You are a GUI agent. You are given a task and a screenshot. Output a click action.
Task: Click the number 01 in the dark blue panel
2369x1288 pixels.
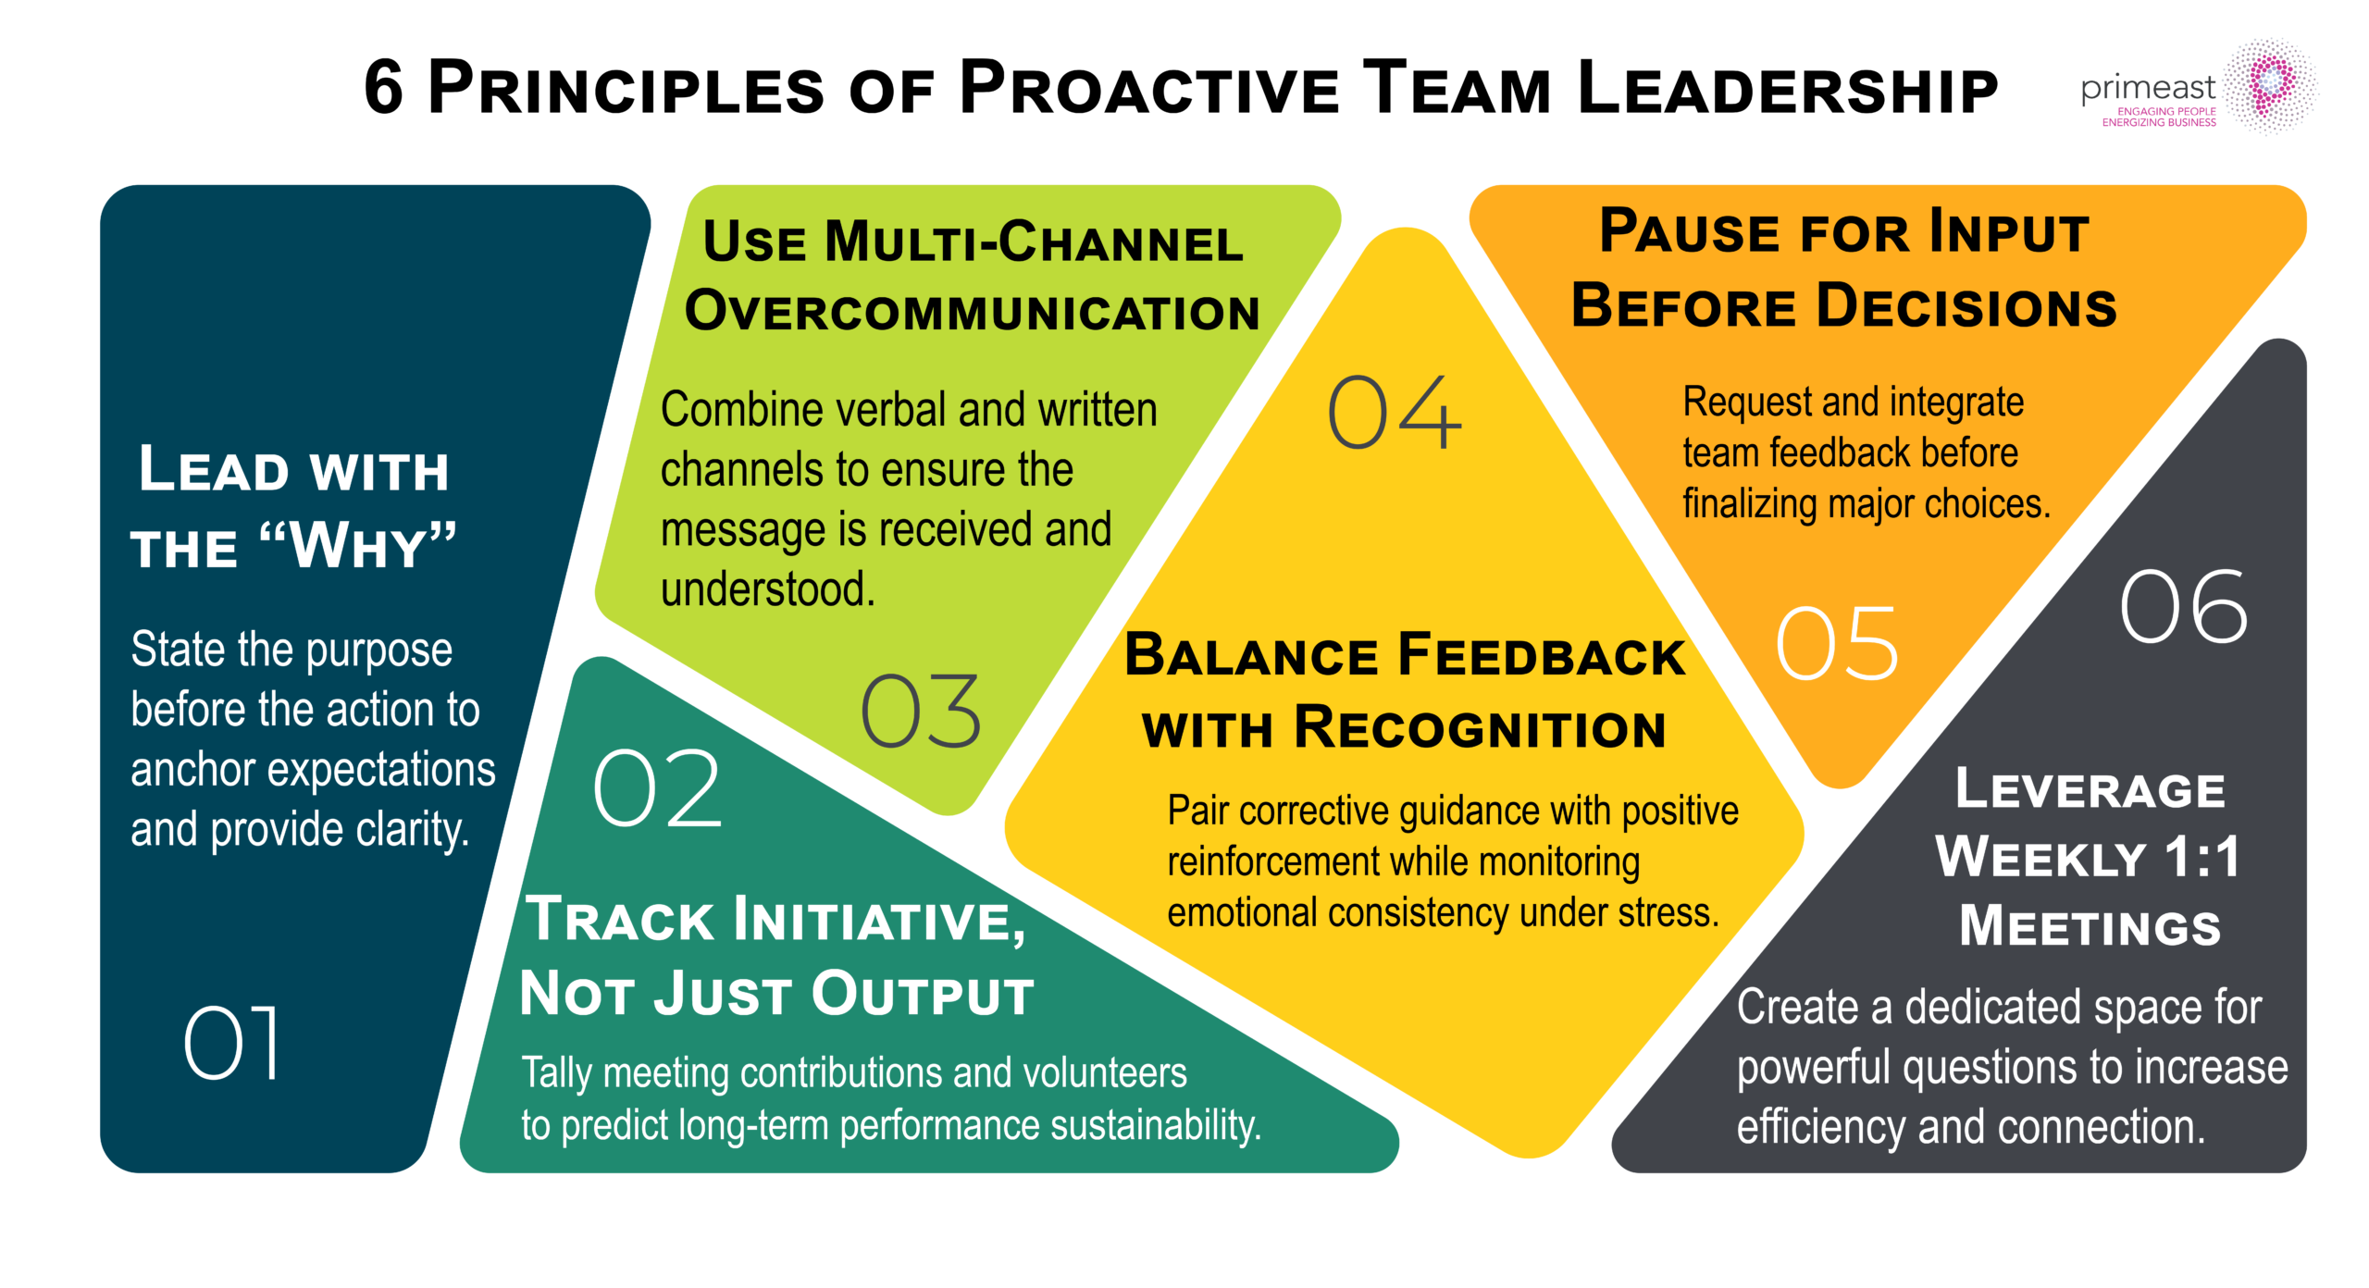click(231, 1043)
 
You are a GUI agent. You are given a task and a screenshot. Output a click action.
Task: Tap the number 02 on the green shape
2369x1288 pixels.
click(657, 788)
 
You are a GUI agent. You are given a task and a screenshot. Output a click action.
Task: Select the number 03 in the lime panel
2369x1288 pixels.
click(920, 711)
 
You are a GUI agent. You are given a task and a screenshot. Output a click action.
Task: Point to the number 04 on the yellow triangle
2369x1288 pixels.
click(1394, 413)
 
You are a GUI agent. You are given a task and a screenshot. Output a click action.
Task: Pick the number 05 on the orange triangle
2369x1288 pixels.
click(1837, 644)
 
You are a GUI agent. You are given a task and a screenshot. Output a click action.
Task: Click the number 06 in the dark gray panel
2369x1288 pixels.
click(2183, 607)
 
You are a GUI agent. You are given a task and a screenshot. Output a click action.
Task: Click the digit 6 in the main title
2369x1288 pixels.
click(383, 88)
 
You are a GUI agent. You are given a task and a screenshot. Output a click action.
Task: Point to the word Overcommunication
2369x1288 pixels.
click(972, 311)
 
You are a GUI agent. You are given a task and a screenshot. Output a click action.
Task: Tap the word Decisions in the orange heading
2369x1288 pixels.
click(1966, 306)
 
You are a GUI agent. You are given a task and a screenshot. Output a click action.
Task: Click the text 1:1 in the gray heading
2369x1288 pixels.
click(2202, 856)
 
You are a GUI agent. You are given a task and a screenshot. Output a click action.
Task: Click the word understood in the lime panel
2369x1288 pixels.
click(767, 589)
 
